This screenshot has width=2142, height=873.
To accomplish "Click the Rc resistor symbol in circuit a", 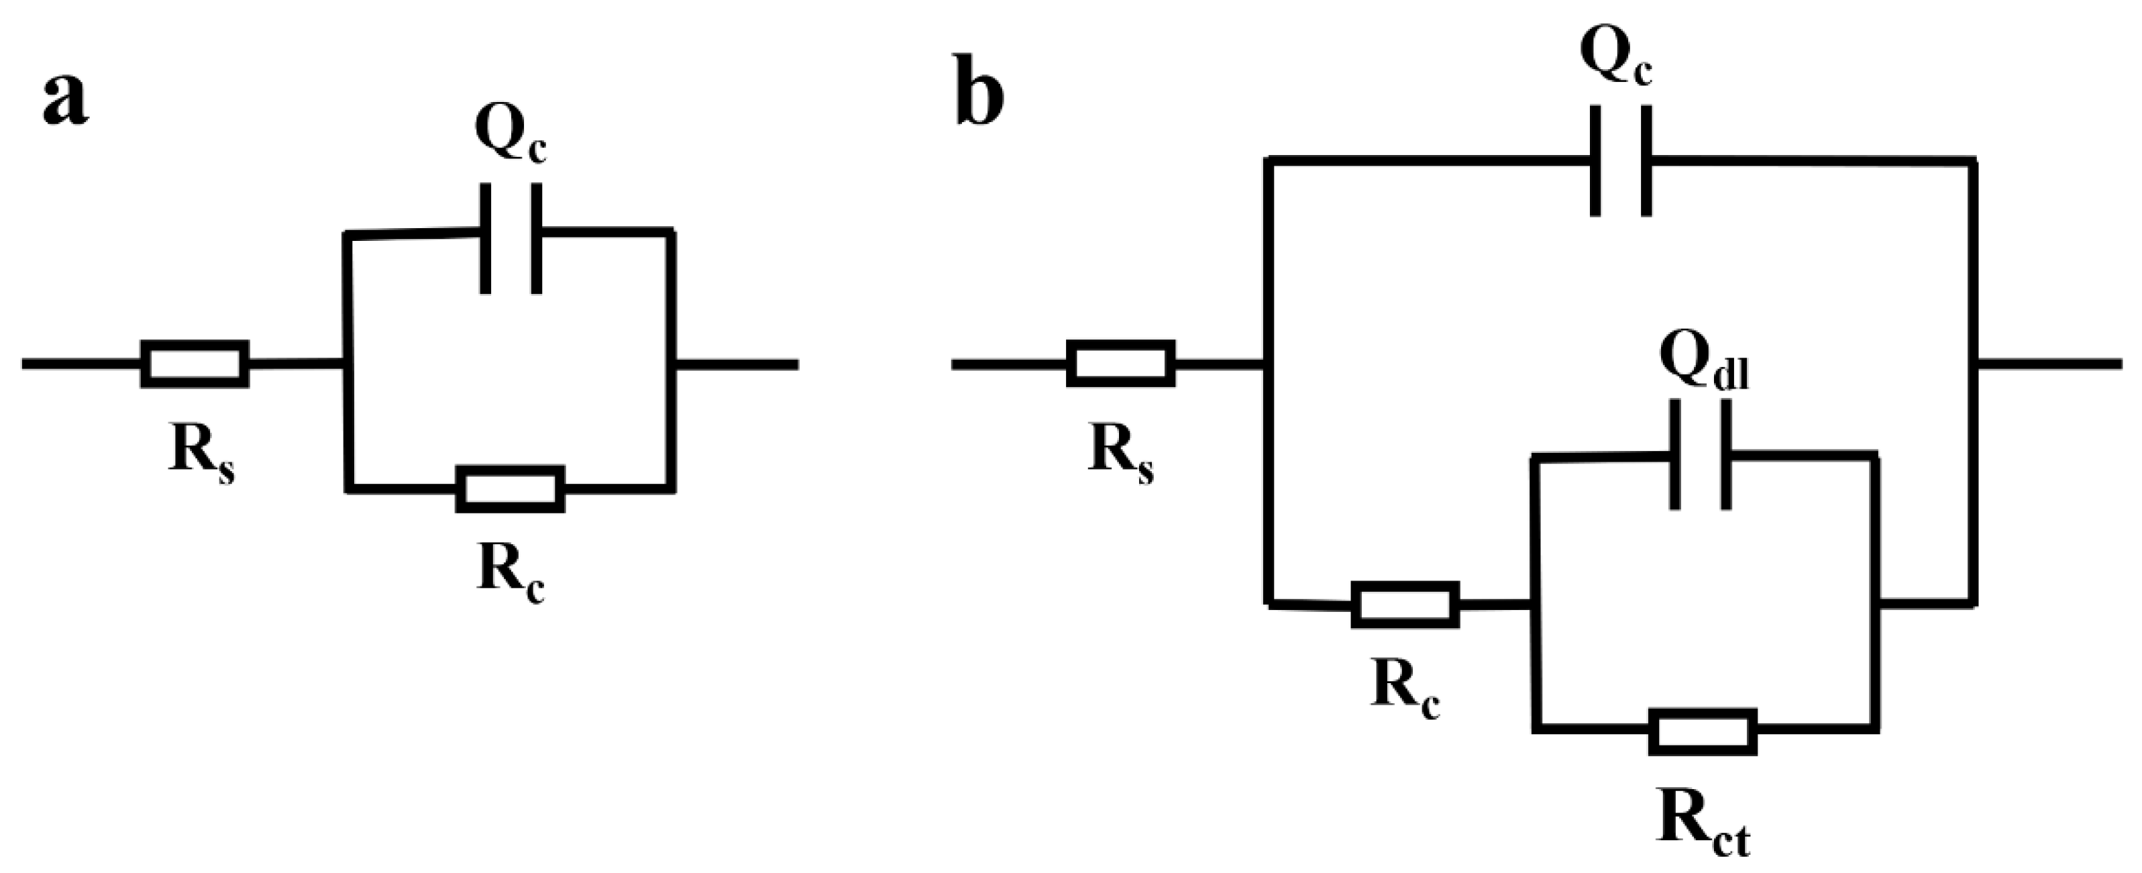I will (511, 489).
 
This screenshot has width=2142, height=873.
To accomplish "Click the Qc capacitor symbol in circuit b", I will (1621, 160).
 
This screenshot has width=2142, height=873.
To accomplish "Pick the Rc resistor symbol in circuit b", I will (1405, 605).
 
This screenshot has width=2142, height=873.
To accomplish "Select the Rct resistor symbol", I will (1703, 731).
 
